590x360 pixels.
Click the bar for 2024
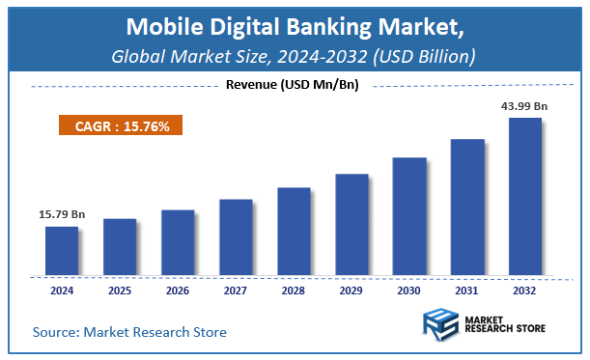coord(62,249)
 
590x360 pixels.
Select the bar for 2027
coord(236,236)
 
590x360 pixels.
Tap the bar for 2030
coord(409,215)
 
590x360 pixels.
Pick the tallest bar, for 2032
coord(525,195)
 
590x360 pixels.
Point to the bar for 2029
coord(351,224)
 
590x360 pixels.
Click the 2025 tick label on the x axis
coord(120,290)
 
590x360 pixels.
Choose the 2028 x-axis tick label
coord(294,290)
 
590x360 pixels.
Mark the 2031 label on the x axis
coord(467,290)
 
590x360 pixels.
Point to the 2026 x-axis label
coord(178,290)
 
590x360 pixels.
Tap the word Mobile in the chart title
coord(161,25)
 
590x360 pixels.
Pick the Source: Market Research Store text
coord(129,332)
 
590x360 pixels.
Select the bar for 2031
coord(467,206)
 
